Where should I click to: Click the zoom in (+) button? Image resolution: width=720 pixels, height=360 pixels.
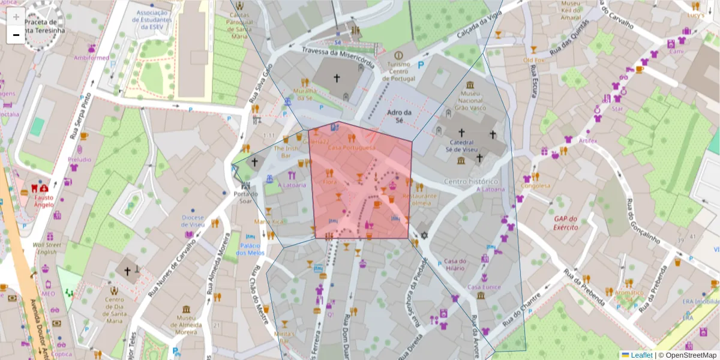coord(16,17)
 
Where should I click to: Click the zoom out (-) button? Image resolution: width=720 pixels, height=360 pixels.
coord(16,35)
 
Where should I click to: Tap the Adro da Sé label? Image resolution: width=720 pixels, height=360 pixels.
coord(398,116)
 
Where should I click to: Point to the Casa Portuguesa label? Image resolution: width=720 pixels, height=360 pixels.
coord(352,148)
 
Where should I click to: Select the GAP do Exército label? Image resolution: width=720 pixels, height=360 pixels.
coord(566,223)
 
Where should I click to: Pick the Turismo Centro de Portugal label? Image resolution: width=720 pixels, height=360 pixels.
coord(399,71)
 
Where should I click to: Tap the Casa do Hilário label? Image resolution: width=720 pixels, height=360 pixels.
coord(455,265)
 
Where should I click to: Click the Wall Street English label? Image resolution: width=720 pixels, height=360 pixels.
coord(47,248)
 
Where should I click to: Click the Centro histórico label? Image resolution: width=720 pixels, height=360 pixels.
coord(472,181)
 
